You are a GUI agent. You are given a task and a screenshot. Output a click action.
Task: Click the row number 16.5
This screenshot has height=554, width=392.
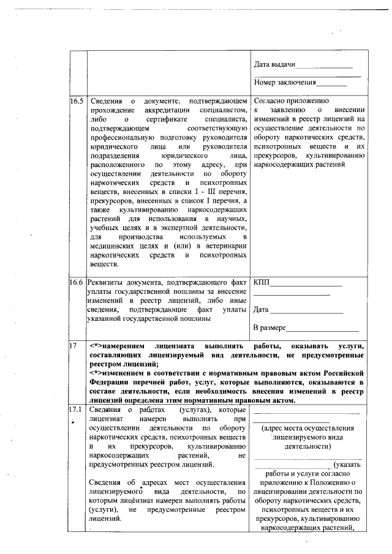pyautogui.click(x=77, y=100)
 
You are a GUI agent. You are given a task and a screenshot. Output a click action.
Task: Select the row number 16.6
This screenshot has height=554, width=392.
pyautogui.click(x=77, y=283)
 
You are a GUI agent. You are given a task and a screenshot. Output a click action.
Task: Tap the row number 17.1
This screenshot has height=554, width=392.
pyautogui.click(x=77, y=409)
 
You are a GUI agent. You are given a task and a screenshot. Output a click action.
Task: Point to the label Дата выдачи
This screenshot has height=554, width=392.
pyautogui.click(x=274, y=65)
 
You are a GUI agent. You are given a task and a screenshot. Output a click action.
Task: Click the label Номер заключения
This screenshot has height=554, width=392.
pyautogui.click(x=285, y=82)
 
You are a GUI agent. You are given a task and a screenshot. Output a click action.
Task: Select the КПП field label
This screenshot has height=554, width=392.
pyautogui.click(x=261, y=283)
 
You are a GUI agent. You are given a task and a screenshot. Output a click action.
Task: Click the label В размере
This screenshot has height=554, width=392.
pyautogui.click(x=270, y=329)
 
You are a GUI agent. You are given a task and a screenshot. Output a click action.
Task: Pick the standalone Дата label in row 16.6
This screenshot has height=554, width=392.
pyautogui.click(x=260, y=310)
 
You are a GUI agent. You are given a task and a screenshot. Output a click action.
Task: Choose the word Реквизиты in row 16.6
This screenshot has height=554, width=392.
pyautogui.click(x=107, y=283)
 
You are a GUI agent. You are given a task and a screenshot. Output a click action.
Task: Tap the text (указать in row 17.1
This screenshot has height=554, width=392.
pyautogui.click(x=349, y=464)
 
